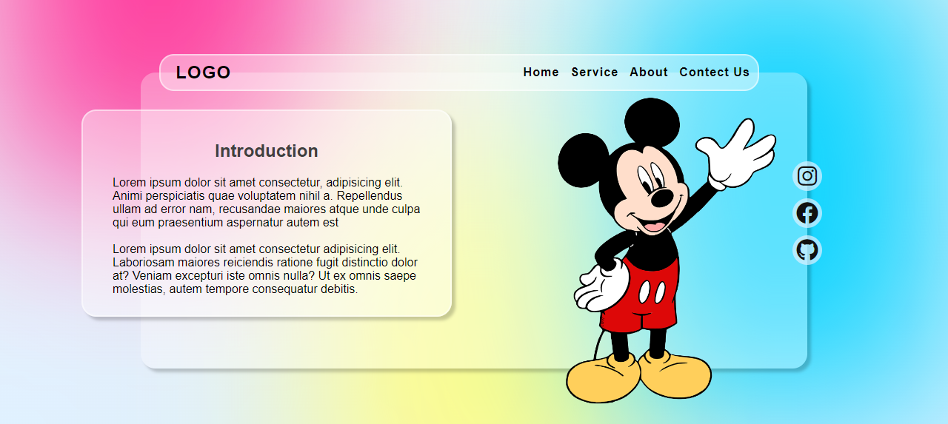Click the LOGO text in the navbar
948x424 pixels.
[x=203, y=73]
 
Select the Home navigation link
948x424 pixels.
[x=541, y=73]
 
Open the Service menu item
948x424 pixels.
[x=594, y=73]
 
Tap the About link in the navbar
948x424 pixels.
[x=648, y=73]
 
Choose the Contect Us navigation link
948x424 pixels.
[x=715, y=73]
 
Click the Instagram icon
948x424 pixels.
[x=807, y=176]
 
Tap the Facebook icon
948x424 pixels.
[x=807, y=213]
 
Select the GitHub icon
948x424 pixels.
[x=807, y=250]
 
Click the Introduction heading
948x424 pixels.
[x=266, y=151]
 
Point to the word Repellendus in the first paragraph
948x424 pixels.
[x=370, y=196]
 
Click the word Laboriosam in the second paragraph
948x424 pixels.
[x=144, y=262]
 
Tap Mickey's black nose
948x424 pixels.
[x=662, y=198]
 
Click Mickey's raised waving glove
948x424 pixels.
[x=736, y=155]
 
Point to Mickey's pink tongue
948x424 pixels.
[x=654, y=226]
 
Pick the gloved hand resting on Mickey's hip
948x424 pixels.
[x=601, y=286]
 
